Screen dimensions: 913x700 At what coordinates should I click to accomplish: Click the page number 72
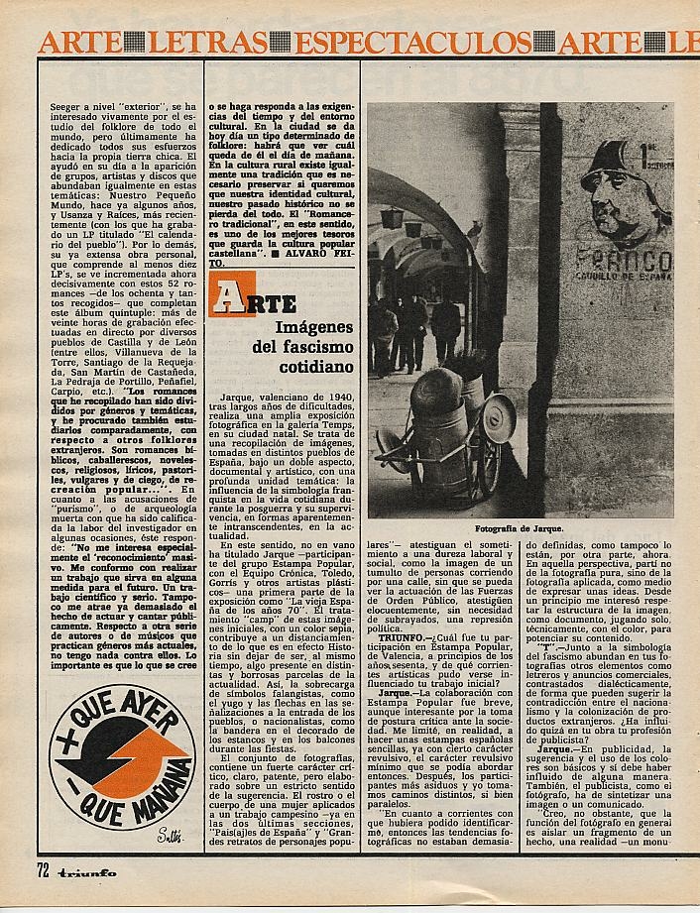[x=43, y=898]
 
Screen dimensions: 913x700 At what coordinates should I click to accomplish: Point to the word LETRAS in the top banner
[x=219, y=43]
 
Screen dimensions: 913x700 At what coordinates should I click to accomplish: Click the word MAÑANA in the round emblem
[x=169, y=782]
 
